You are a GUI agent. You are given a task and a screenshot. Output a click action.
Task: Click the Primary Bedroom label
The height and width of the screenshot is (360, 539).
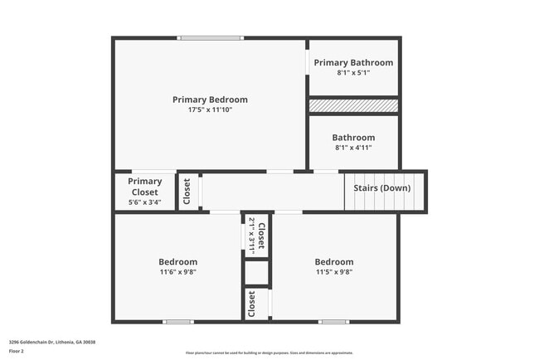pos(210,100)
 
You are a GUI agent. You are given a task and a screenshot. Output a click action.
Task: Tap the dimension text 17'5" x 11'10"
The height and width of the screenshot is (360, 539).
pos(210,110)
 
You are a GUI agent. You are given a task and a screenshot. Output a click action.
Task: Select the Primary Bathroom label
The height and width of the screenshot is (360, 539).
pos(353,62)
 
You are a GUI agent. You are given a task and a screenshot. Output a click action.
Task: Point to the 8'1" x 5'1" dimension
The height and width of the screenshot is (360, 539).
pos(353,73)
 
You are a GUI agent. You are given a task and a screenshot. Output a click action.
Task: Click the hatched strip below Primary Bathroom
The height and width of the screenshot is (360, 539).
pos(353,105)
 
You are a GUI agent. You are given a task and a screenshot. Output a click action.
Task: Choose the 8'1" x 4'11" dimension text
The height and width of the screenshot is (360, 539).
pos(353,148)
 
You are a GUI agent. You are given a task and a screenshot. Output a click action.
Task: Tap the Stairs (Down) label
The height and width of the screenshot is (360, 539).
pos(381,188)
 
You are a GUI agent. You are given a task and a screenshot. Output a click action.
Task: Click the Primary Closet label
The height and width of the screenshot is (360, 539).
pos(145,187)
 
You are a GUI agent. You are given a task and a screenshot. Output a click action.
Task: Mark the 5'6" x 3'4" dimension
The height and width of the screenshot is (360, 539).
pos(145,202)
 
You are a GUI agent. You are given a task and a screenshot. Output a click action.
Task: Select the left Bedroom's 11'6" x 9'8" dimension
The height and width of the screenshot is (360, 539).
pos(178,271)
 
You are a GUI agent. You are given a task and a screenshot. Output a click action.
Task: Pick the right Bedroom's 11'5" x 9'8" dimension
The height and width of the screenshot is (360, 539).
pos(334,271)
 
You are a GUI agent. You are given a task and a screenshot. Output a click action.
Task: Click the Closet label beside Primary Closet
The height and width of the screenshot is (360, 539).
pos(187,192)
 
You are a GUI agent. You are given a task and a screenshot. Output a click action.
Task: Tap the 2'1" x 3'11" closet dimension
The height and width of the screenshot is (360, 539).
pos(251,233)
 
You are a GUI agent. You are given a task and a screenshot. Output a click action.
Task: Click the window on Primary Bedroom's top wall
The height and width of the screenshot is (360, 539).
pos(211,37)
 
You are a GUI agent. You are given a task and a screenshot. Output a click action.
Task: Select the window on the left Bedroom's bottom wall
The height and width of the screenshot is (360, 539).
pos(177,322)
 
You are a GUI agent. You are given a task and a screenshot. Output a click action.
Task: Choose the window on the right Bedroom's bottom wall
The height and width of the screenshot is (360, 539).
pos(334,322)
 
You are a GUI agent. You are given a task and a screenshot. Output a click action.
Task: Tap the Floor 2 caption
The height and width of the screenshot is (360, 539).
pos(17,352)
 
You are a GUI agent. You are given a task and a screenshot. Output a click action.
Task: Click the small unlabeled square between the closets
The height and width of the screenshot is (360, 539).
pos(257,272)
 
